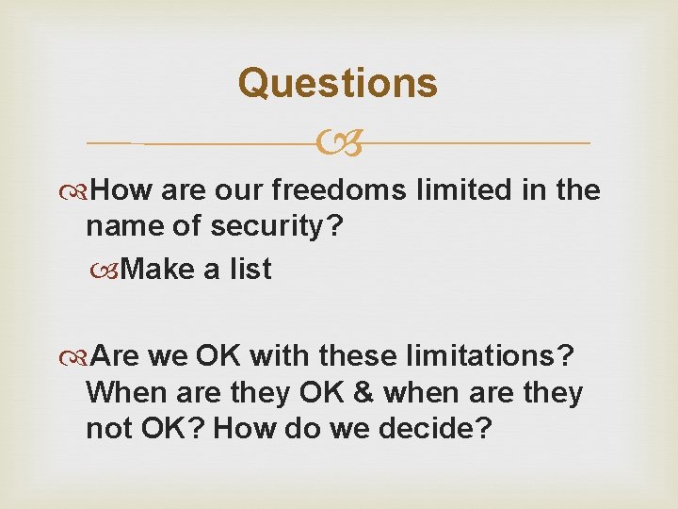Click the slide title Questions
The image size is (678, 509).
tap(337, 83)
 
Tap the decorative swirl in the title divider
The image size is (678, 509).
tap(339, 144)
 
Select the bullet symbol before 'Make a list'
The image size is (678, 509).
tap(112, 271)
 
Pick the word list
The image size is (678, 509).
tap(250, 270)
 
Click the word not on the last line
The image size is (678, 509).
tap(107, 428)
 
